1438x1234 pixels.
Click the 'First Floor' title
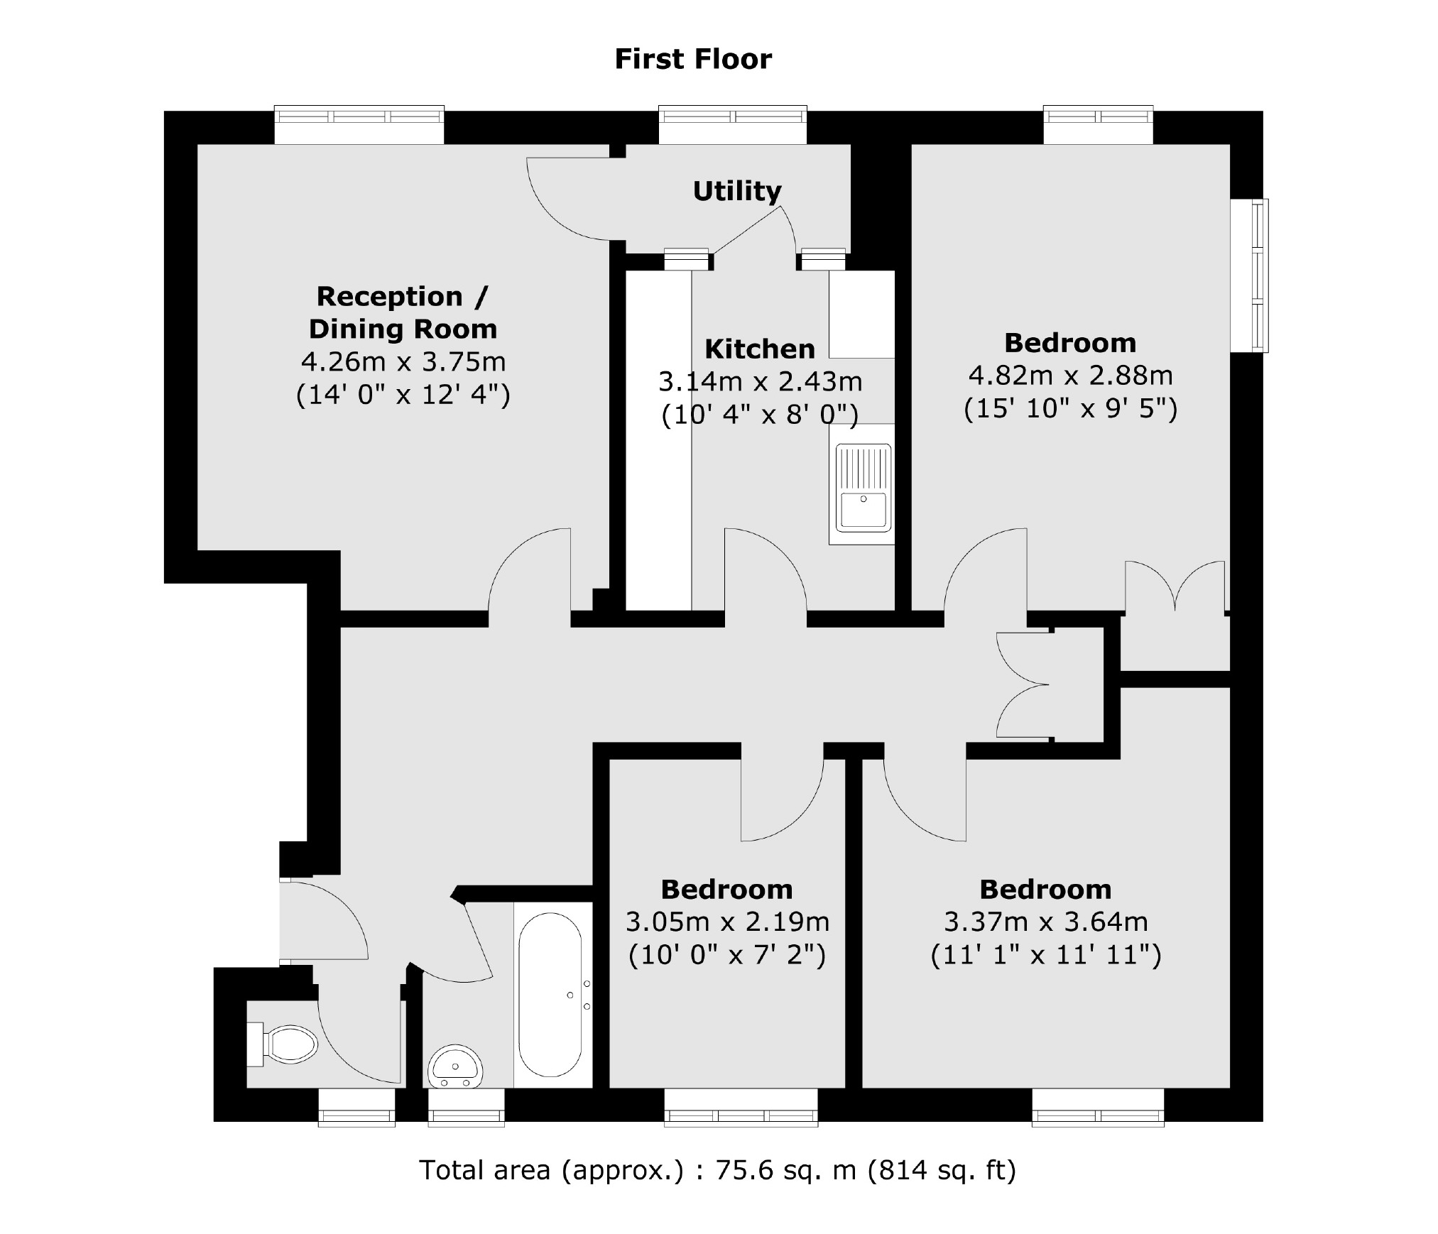tap(692, 59)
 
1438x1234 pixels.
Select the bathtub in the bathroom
tap(550, 994)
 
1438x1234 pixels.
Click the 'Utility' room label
tap(736, 191)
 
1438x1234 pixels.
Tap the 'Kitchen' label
tap(759, 349)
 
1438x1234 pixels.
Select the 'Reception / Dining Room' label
tap(403, 312)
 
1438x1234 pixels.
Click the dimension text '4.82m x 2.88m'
tap(1070, 375)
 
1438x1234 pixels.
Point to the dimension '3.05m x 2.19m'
tap(726, 922)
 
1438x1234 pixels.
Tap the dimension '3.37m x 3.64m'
tap(1045, 922)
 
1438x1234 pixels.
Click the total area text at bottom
tap(717, 1169)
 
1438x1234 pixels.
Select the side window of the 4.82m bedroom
tap(1250, 275)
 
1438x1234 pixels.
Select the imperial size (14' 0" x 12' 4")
tap(403, 395)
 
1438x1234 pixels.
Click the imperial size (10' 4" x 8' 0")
tap(759, 415)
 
